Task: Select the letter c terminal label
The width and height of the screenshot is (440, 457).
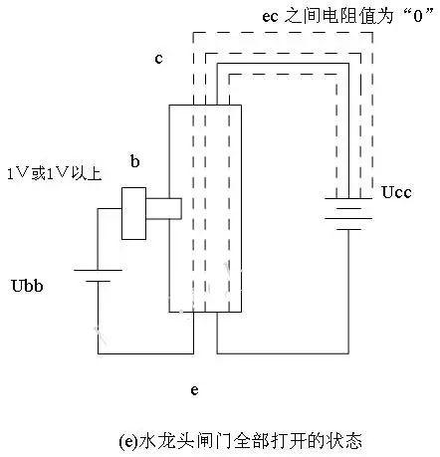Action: (x=158, y=59)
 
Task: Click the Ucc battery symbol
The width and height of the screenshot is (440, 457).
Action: (x=347, y=211)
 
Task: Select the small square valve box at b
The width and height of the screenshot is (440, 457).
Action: (x=134, y=212)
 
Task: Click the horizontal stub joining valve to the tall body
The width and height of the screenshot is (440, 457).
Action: (x=164, y=208)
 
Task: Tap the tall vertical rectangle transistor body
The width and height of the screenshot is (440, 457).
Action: (x=206, y=209)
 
